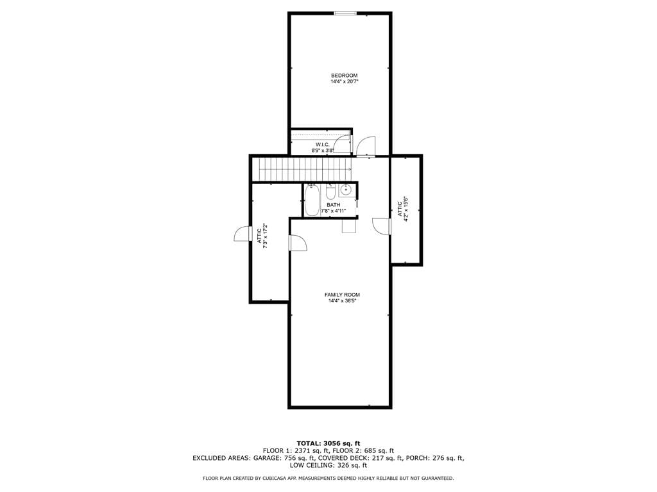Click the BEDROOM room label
pos(345,76)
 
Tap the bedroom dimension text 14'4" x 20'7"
pos(345,81)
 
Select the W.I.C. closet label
pos(323,144)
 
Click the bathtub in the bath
pos(312,201)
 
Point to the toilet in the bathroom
pos(330,191)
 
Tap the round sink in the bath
pos(346,190)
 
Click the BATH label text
pos(334,205)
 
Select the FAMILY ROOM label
pos(343,295)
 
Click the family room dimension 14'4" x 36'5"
pos(343,301)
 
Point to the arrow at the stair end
pos(348,169)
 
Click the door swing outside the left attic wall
pos(242,233)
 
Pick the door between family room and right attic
pos(381,226)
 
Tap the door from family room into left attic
pos(298,243)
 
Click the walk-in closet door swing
pos(343,143)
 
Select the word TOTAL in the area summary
pos(308,443)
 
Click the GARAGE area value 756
pos(290,458)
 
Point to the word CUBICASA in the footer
pos(277,478)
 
